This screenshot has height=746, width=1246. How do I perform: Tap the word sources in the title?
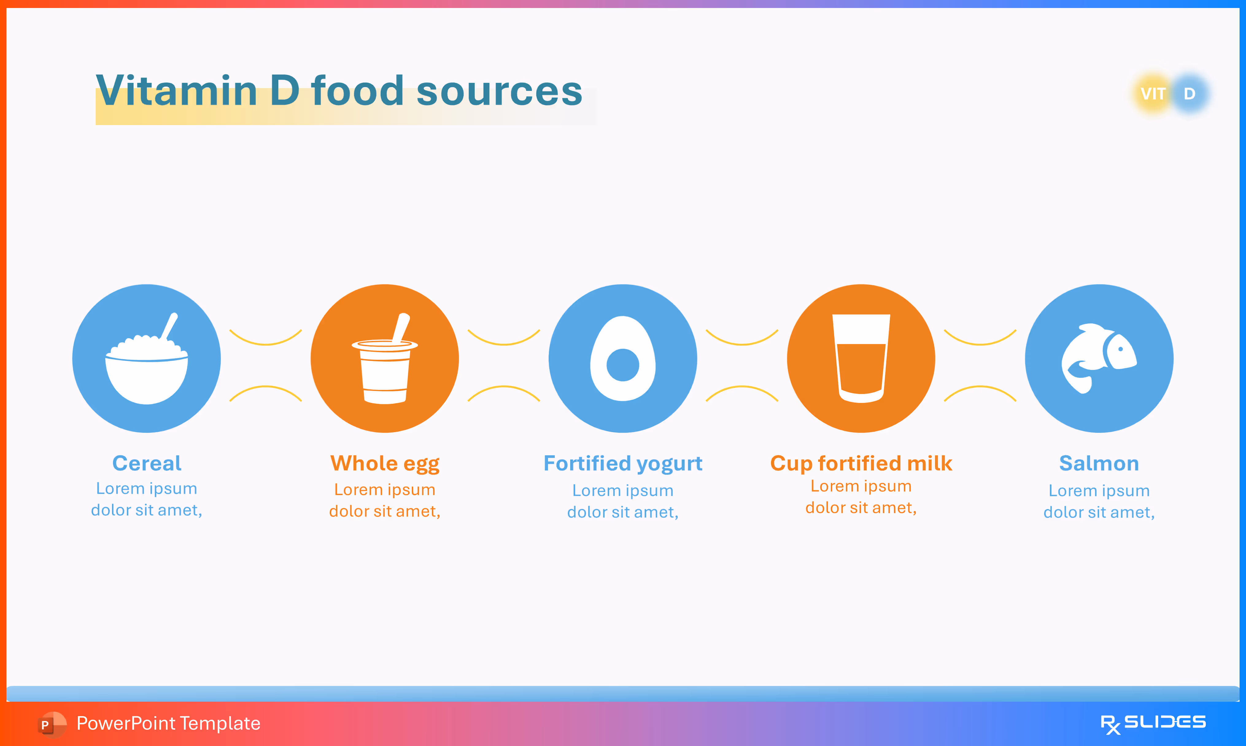tap(499, 91)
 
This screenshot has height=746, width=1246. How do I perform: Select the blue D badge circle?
tap(1190, 94)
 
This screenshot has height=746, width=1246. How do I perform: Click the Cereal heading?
tap(147, 463)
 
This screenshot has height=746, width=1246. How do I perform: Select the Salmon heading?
tap(1099, 463)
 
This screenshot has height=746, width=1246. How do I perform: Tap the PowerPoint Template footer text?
tap(168, 723)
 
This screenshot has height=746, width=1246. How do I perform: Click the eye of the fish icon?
tap(1120, 349)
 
